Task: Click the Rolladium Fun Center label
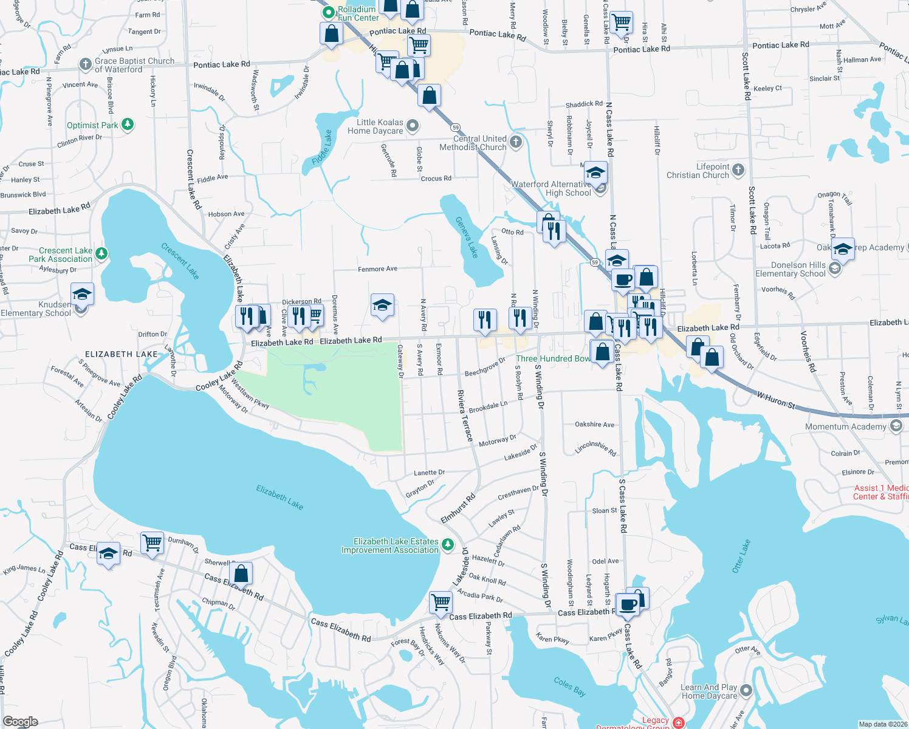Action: [358, 13]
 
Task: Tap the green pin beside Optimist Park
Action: [127, 125]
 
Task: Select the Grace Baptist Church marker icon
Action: [86, 64]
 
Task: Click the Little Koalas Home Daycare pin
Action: [413, 126]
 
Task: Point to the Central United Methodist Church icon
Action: [515, 142]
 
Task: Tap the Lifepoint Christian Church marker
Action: [738, 170]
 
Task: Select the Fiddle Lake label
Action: [322, 148]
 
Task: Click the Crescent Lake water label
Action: [180, 261]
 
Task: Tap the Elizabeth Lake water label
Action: [280, 497]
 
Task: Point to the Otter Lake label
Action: [741, 556]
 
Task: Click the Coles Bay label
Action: [570, 686]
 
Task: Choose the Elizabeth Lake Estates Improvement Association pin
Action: [448, 544]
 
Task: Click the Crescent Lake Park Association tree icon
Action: [101, 253]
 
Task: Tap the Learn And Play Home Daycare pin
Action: [746, 691]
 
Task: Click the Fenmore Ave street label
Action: [377, 269]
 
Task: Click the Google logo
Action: [20, 722]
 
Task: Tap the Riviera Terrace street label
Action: [465, 416]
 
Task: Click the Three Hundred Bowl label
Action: [553, 358]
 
